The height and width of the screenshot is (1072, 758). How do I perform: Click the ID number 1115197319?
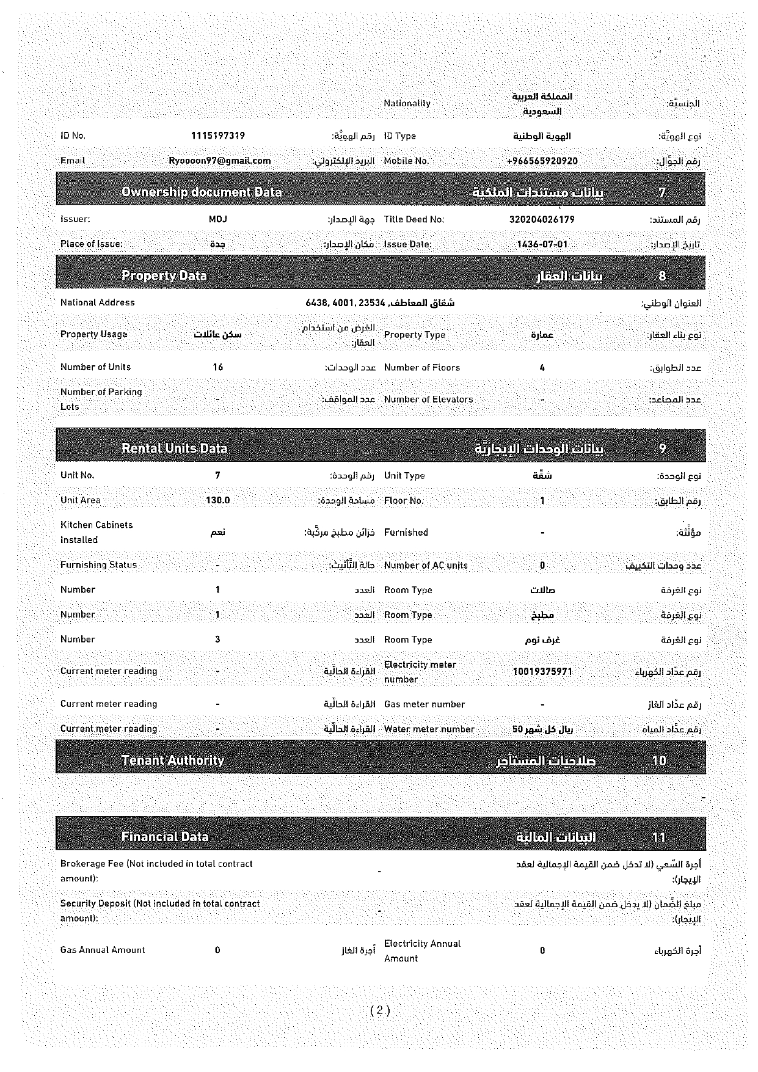[x=217, y=136]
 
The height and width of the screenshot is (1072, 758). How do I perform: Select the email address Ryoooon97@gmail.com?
[x=220, y=161]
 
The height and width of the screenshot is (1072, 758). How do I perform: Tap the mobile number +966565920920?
[x=542, y=161]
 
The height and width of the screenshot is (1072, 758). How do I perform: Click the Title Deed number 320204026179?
[x=542, y=219]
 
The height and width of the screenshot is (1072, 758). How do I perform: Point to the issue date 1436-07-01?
[x=542, y=244]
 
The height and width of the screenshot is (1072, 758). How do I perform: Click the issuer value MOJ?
[x=217, y=219]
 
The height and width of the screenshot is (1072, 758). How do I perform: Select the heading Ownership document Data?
[x=202, y=192]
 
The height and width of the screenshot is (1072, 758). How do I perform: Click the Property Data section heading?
[x=164, y=275]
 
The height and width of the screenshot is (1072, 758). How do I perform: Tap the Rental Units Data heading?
[x=174, y=448]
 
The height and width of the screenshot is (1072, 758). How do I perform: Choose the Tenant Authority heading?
[x=173, y=760]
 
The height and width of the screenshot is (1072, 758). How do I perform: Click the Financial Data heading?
[x=165, y=837]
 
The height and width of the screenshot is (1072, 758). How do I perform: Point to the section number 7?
[x=662, y=192]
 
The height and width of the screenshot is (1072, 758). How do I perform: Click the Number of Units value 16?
[x=218, y=367]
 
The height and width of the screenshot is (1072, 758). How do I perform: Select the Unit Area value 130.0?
[x=218, y=500]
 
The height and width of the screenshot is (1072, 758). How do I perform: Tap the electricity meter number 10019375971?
[x=542, y=671]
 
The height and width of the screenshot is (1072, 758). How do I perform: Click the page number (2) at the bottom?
[x=379, y=1010]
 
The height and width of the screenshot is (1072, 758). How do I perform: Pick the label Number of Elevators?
[x=428, y=399]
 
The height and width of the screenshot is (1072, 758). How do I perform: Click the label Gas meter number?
[x=425, y=704]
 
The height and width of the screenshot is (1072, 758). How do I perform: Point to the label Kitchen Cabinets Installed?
[x=97, y=532]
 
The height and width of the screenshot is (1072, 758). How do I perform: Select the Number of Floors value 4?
[x=542, y=368]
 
